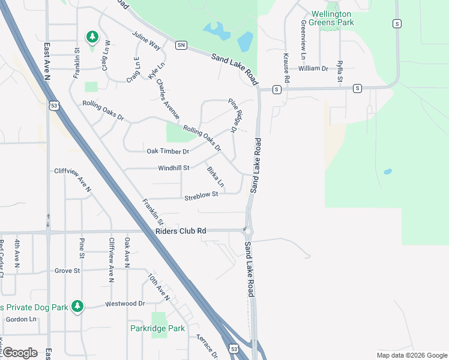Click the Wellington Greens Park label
click(332, 18)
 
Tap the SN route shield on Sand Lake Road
click(181, 45)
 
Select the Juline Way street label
click(146, 41)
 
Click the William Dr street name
click(313, 68)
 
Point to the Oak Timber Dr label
click(168, 151)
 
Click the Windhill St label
click(173, 168)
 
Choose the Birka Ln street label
click(215, 176)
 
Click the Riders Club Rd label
click(180, 231)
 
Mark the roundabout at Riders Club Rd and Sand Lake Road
click(247, 230)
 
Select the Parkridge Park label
click(157, 328)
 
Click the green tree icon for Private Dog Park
click(77, 307)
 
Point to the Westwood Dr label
click(125, 304)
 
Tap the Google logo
click(20, 353)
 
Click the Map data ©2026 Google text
click(412, 355)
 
